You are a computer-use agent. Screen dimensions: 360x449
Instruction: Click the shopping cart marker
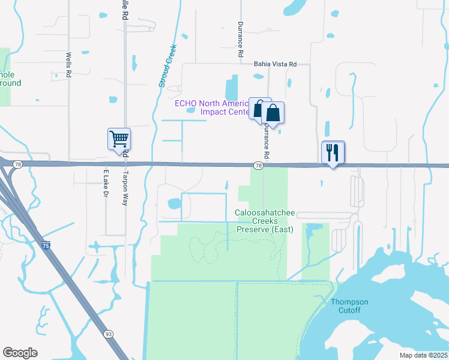pos(119,139)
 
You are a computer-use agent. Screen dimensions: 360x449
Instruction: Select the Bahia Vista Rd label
pos(276,64)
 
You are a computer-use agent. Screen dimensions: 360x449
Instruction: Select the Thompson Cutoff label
pos(350,305)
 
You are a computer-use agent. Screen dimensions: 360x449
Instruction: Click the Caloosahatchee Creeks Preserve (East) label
pos(264,221)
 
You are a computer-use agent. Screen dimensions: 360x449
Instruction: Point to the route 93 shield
pos(109,333)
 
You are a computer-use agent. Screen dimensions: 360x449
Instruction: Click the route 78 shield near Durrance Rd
pos(258,165)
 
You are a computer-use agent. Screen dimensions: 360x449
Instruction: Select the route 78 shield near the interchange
pos(18,164)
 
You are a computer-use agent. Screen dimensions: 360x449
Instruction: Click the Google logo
pos(20,353)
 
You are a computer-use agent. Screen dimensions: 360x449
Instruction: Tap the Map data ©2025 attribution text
pos(424,355)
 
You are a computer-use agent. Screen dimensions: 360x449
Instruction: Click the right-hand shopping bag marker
pos(273,113)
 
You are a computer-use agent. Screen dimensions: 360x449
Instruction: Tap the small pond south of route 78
pos(175,204)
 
